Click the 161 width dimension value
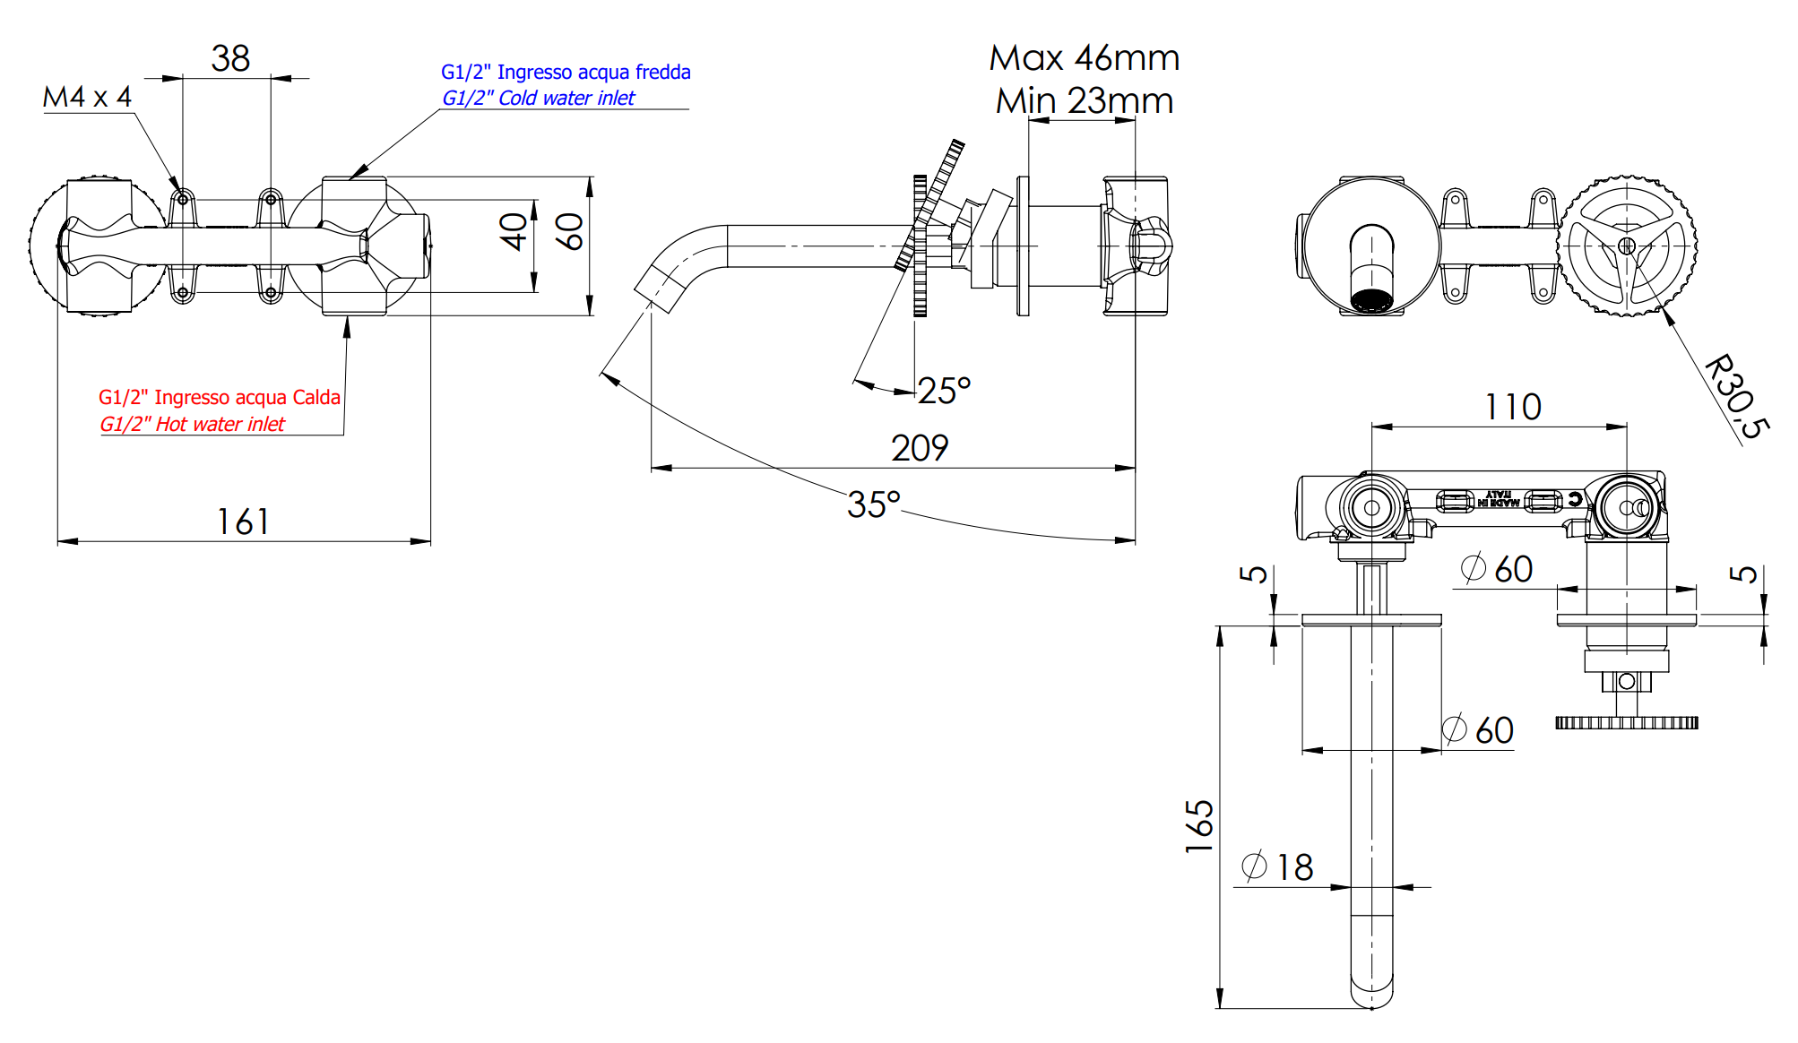(243, 521)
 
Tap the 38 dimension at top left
(230, 59)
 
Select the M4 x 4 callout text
(87, 97)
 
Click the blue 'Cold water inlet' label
(538, 99)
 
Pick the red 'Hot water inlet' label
(192, 425)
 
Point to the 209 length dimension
(920, 448)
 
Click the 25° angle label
(944, 391)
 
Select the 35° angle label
(873, 504)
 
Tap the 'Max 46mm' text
(1085, 59)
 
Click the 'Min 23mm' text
(1085, 101)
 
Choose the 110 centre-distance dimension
(1513, 408)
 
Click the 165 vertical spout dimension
(1199, 825)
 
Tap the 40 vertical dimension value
(514, 231)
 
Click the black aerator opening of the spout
(1371, 301)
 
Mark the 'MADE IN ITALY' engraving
(1499, 499)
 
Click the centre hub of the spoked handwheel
(1627, 245)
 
